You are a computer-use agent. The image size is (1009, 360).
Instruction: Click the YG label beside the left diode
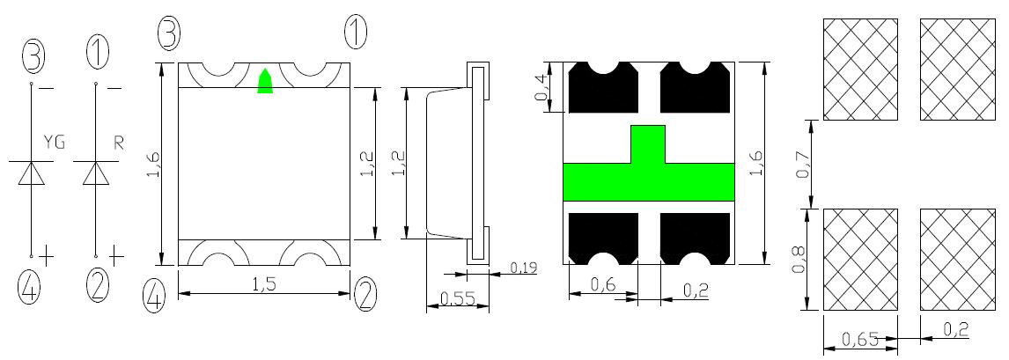coord(54,143)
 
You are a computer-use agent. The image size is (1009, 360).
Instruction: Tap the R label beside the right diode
coord(118,143)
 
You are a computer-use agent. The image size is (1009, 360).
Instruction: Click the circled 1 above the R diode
coord(97,54)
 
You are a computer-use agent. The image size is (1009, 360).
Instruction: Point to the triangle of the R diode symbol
coord(96,173)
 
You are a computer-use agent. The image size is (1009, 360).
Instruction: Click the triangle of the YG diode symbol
coord(31,173)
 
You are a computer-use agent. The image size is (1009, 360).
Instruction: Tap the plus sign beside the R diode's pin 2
coord(115,256)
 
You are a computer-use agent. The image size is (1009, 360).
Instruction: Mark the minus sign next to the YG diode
coord(47,89)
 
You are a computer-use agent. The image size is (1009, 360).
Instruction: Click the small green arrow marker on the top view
coord(265,80)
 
